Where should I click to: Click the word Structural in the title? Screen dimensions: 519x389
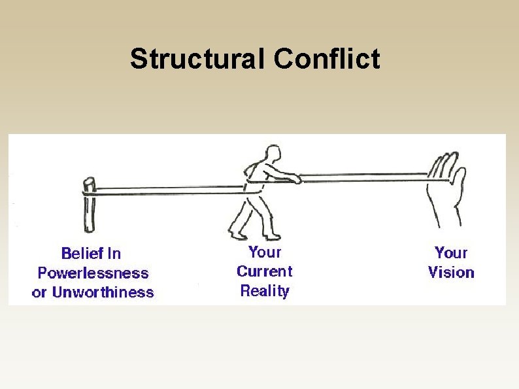[198, 59]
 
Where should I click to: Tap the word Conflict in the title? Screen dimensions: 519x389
[326, 59]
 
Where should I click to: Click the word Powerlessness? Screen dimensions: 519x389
[93, 273]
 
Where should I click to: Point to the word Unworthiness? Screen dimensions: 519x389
[103, 292]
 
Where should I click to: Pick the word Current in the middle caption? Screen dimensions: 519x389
[264, 271]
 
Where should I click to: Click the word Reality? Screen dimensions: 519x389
[264, 291]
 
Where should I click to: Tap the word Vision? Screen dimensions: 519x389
[451, 272]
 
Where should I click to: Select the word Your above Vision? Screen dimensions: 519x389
[451, 252]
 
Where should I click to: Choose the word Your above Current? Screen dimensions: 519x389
[265, 252]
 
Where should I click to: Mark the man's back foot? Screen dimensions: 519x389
[235, 233]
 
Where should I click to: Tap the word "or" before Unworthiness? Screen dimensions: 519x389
[39, 292]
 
